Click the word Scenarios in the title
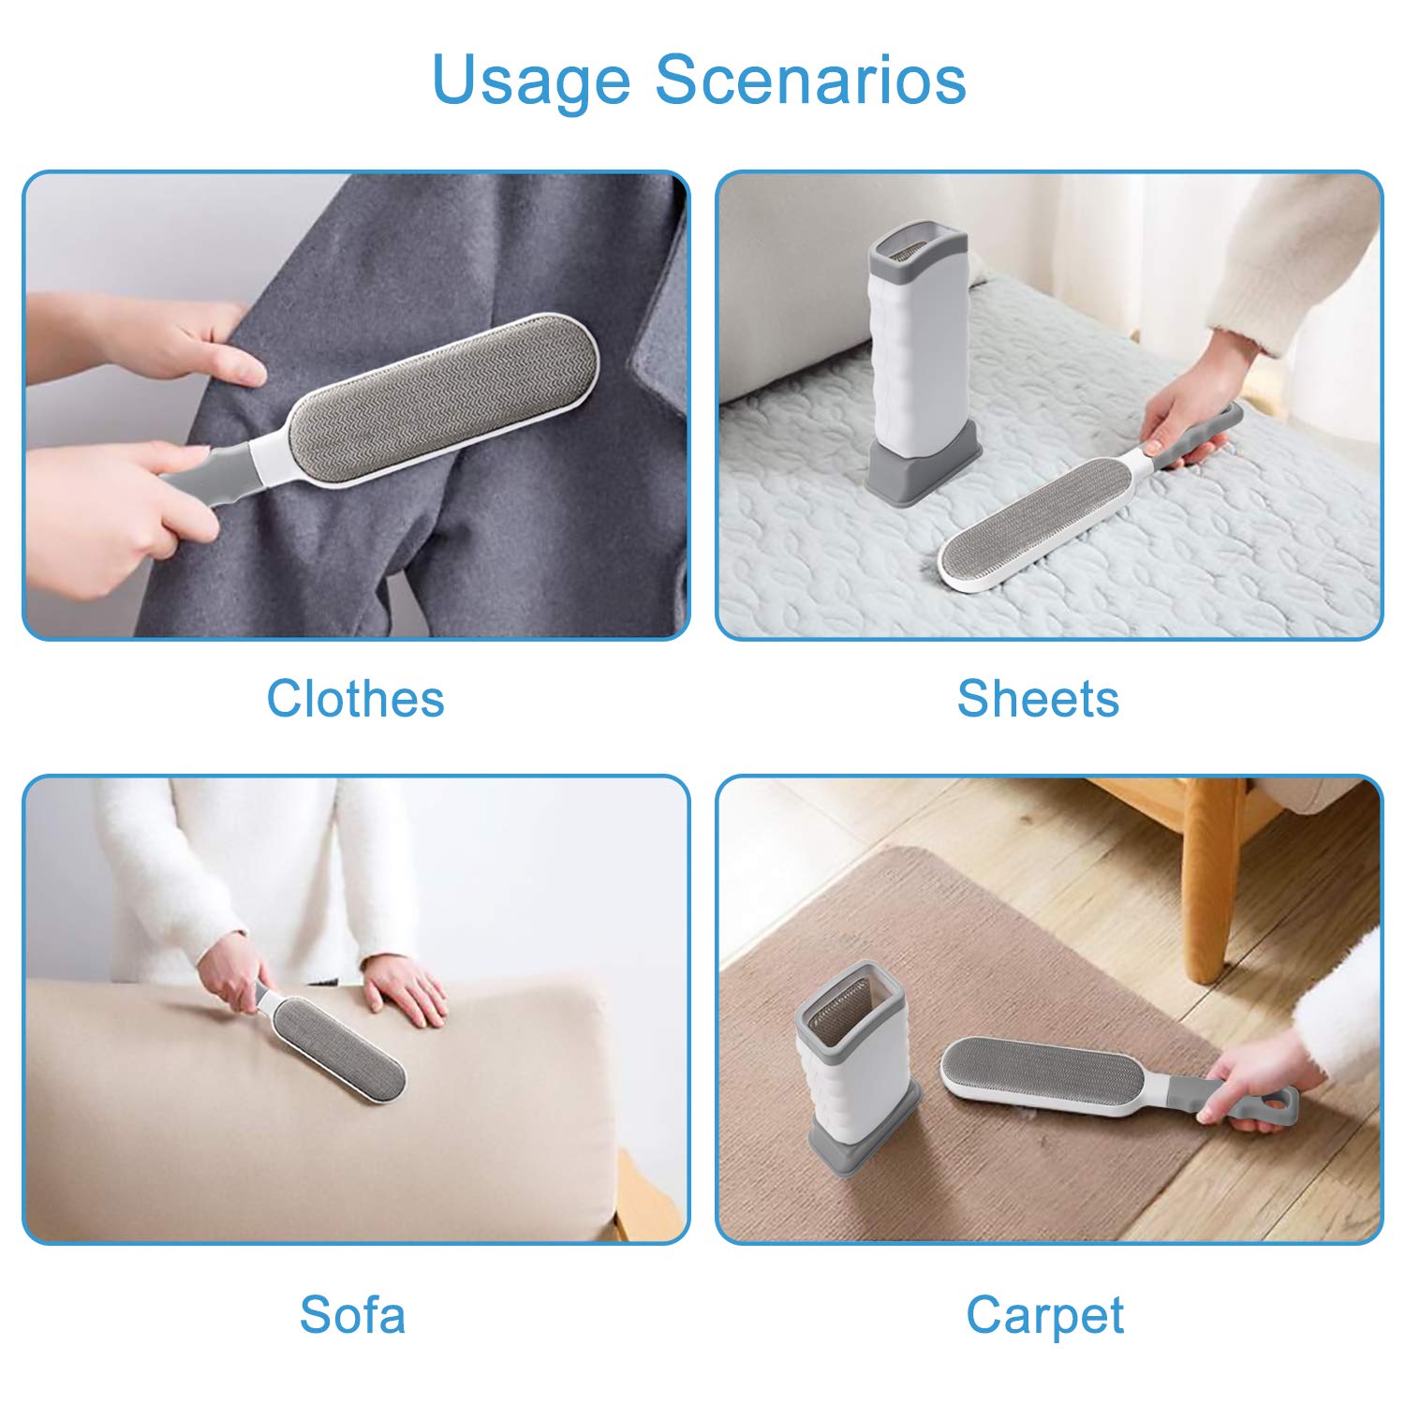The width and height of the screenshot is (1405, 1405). (810, 80)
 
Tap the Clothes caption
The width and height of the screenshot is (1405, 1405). (355, 699)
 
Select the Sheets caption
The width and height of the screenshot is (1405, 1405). (1038, 699)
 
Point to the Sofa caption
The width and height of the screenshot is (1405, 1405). (353, 1314)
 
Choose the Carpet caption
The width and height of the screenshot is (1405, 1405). (1044, 1316)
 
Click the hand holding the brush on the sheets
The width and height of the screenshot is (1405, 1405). (1182, 421)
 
